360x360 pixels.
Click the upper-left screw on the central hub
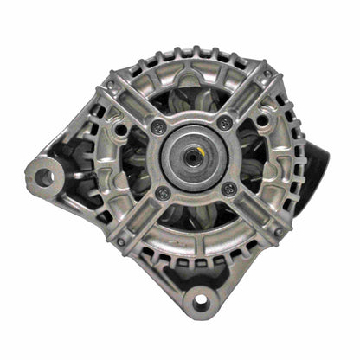(157, 127)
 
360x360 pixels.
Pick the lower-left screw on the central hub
(162, 193)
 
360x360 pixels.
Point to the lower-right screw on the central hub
(229, 189)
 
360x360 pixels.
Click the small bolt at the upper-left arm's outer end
(111, 84)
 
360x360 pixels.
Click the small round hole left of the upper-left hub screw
(122, 130)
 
